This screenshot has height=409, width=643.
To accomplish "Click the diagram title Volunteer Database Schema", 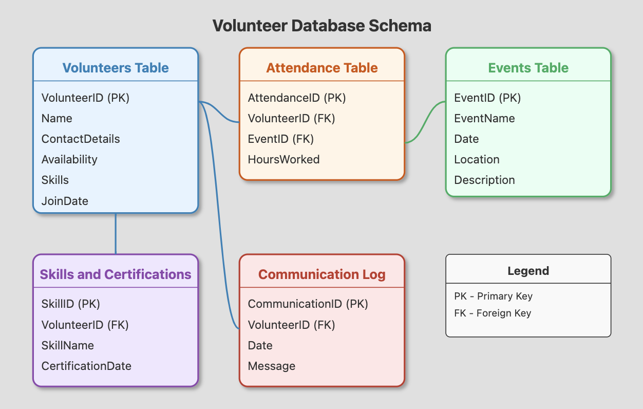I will click(321, 26).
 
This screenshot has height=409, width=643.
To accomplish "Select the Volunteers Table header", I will click(116, 68).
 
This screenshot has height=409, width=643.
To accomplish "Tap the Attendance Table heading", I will click(322, 68).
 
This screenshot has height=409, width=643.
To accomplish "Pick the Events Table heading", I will click(528, 68).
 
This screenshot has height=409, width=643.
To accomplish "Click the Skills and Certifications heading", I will click(116, 274).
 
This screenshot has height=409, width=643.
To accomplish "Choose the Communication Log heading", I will click(322, 274).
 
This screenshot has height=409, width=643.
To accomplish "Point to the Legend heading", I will click(528, 271).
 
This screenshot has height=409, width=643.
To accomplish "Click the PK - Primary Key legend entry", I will click(493, 296).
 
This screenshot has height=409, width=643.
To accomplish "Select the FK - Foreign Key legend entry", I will click(493, 313).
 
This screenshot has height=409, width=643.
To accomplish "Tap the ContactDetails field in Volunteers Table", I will click(81, 139).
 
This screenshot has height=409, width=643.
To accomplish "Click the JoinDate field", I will click(65, 201).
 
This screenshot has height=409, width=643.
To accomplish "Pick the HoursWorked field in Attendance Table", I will click(283, 159).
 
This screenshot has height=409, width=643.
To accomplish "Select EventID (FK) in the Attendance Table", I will click(280, 139).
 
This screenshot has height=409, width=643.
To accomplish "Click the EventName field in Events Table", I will click(484, 118).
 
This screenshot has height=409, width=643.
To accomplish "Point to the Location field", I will click(477, 159).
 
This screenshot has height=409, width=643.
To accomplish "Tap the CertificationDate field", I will click(86, 366).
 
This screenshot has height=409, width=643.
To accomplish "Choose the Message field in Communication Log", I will click(272, 366).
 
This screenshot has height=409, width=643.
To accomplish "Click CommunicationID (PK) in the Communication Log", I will click(308, 304).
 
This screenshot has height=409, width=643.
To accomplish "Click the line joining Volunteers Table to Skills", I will click(116, 234).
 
